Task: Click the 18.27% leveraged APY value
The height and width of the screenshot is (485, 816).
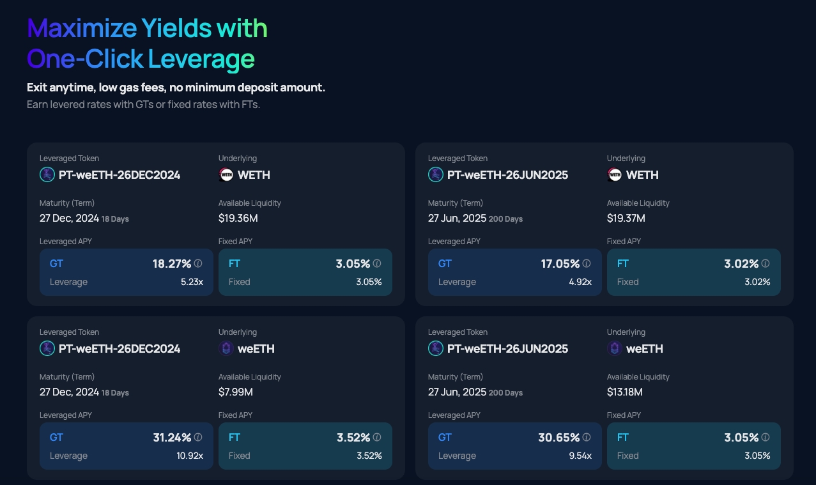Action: coord(172,263)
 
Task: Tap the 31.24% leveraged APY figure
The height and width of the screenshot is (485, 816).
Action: coord(172,437)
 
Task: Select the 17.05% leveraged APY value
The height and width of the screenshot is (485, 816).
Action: coord(560,263)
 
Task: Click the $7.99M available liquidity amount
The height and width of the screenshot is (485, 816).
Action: coord(236,392)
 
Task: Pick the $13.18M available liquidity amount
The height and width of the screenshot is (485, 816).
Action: coord(625,392)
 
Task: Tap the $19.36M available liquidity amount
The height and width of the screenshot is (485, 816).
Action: coord(238,218)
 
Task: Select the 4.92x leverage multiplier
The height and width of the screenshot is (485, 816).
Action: coord(580,282)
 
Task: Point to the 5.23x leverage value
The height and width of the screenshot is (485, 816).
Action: coord(192,282)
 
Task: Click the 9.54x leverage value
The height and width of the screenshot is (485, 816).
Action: coord(580,456)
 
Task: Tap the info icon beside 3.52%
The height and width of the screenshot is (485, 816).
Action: coord(377,437)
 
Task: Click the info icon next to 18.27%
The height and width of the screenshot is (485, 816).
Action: coord(198,263)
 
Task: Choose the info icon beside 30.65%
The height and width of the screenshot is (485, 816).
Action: coord(587,437)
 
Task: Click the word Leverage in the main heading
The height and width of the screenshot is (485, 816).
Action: coord(201,59)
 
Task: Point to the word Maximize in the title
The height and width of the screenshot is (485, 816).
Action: coord(82,28)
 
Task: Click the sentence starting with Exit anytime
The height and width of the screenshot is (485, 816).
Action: coord(176,88)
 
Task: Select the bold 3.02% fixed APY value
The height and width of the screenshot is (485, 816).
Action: coord(741,263)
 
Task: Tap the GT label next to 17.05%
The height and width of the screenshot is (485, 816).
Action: coord(445,263)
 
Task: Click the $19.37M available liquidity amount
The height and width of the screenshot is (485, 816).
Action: coord(626,218)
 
